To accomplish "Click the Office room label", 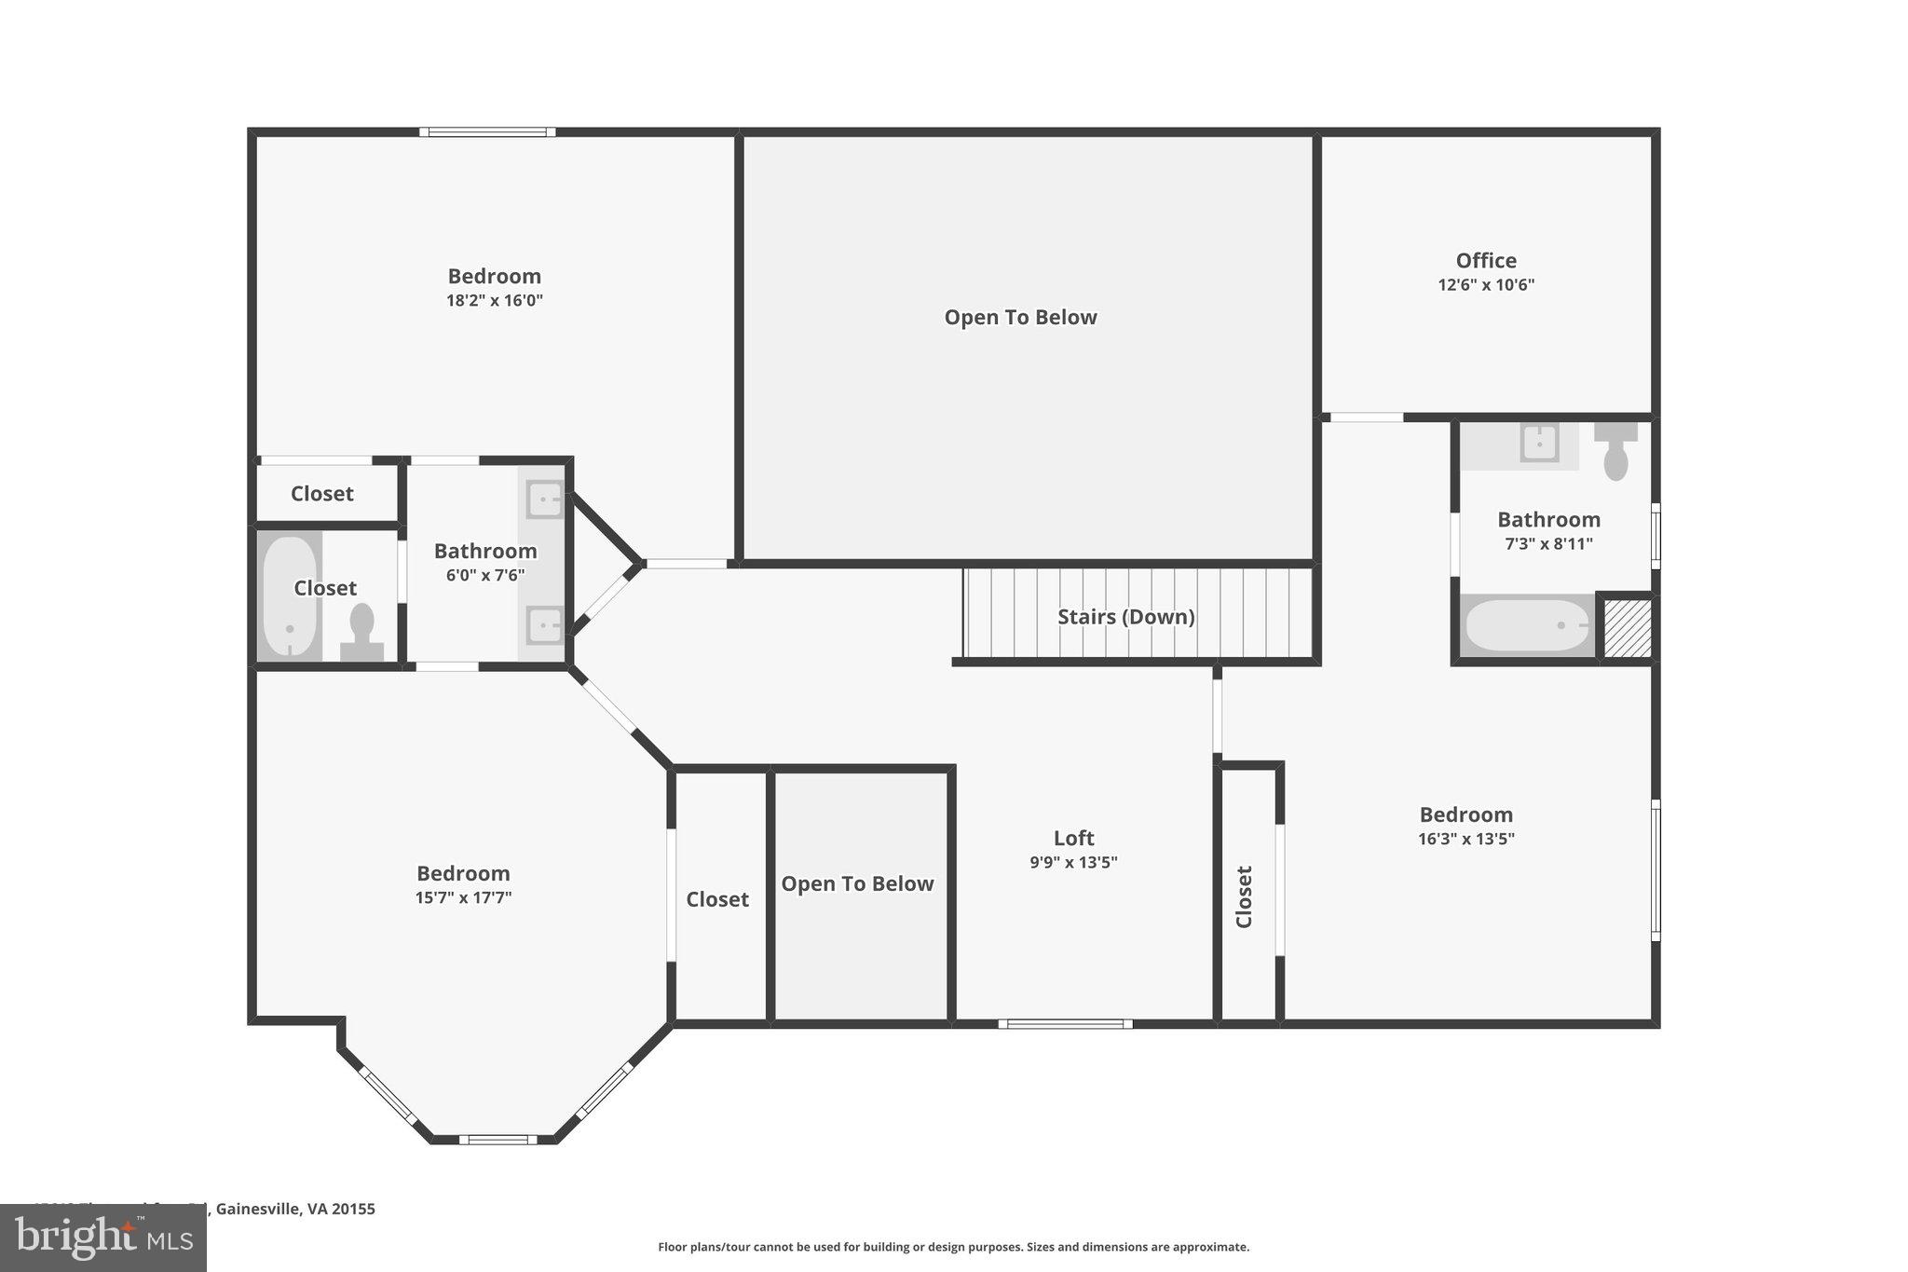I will coord(1486,261).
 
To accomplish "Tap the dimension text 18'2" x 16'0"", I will coord(494,301).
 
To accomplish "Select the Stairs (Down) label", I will coord(1125,617).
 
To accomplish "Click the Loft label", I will coord(1073,838).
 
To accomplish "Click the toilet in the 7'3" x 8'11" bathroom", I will coord(1615,451).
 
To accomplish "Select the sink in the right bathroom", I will coord(1539,443).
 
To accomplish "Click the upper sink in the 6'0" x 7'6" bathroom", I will coord(544,499).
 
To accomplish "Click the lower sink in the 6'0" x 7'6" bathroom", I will coord(544,625).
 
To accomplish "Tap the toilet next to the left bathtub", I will coord(361,631).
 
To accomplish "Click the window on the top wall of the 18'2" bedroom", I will coord(487,132).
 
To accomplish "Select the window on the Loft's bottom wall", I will coord(1065,1024).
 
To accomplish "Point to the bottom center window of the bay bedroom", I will coord(497,1139).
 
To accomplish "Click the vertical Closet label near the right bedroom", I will coord(1244,896).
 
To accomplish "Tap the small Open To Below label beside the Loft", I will coord(857,884).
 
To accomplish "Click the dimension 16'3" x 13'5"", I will coord(1465,839).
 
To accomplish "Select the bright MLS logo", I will coord(102,1238).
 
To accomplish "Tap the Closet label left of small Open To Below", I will coord(717,899).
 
